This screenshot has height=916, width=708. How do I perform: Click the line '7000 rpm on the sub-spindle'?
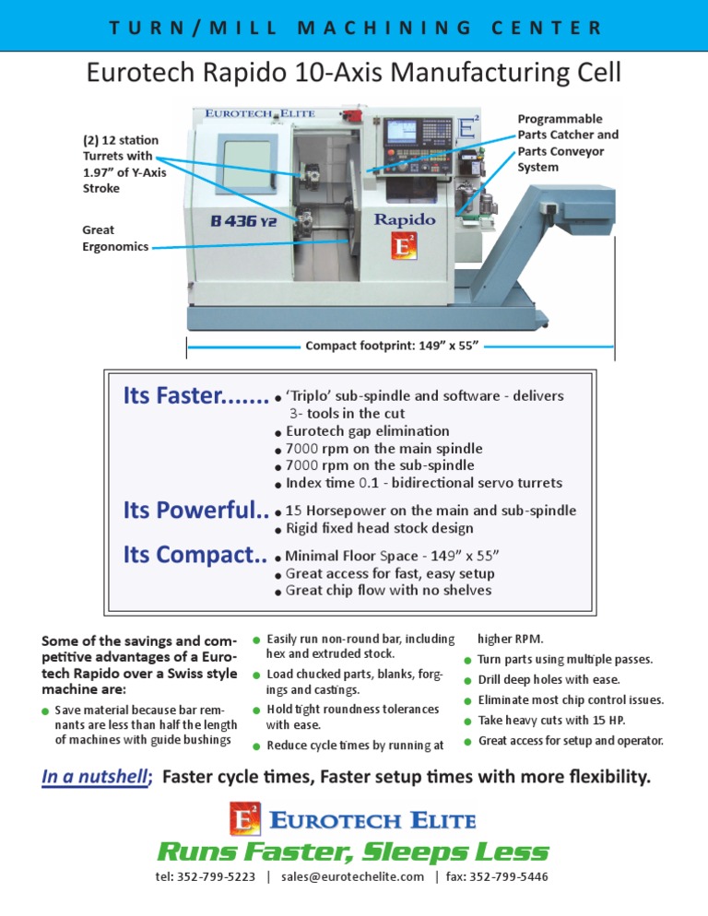pos(380,465)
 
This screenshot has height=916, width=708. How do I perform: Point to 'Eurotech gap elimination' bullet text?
pos(368,430)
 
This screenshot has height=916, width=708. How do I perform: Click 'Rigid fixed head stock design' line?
pos(380,528)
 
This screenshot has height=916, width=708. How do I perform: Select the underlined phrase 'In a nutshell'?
pos(94,777)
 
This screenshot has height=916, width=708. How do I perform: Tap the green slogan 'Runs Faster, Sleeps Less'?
pos(353,851)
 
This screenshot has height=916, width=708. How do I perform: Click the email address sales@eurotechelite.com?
pos(353,877)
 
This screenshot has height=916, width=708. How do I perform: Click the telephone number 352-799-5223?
pos(218,877)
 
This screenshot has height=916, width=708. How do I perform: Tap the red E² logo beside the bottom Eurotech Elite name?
pos(245,818)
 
